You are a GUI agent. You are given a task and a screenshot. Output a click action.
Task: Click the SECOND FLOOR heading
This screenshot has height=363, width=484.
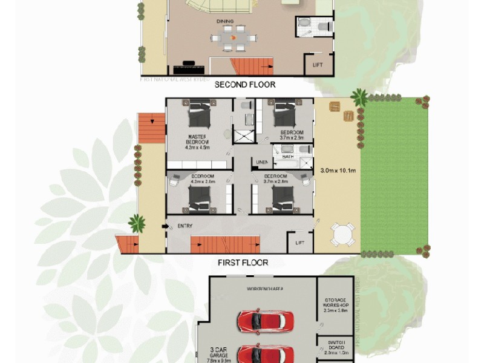pos(245,85)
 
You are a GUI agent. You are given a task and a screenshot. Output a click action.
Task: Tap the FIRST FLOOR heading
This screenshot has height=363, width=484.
pos(243,263)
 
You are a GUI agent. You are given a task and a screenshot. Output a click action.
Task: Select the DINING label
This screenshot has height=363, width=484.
pos(226,21)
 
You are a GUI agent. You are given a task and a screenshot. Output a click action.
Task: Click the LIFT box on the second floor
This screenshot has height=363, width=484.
pos(318,64)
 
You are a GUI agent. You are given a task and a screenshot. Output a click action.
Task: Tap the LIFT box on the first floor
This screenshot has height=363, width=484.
pos(299,243)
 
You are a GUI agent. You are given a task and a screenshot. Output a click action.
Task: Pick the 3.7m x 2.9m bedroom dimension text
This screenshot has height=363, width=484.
pos(286,138)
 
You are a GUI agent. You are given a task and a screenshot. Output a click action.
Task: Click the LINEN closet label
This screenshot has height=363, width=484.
pos(262,162)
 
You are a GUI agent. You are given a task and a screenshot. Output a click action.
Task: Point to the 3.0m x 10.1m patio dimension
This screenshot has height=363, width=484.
pos(337,171)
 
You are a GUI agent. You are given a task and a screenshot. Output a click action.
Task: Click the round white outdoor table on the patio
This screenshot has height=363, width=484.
pos(343,235)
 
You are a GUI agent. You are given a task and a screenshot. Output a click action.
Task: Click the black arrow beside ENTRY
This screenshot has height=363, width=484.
pos(165,226)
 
